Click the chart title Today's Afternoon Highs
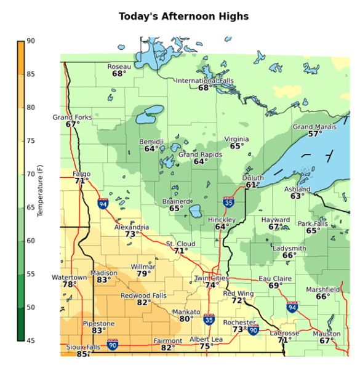pos(183,16)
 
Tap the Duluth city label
pos(254,177)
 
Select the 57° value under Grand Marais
pos(315,134)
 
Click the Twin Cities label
pos(211,278)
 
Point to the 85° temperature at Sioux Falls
pos(82,354)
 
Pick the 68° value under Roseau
pos(119,74)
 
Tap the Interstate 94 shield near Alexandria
pos(103,203)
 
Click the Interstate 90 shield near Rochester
pos(253,331)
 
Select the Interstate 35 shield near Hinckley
pos(228,201)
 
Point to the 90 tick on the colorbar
pos(30,41)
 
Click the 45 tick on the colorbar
pos(30,340)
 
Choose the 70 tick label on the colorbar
pos(30,174)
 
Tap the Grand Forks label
pos(72,117)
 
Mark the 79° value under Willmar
pos(143,274)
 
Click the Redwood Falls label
pos(143,295)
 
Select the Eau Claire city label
pos(274,278)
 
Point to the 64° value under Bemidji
pos(151,149)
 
